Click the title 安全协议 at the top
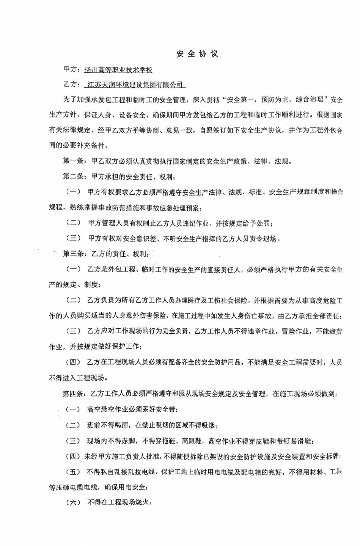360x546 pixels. coord(197,54)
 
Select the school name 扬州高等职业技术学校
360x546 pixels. coord(118,70)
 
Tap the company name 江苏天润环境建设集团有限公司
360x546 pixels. coord(135,85)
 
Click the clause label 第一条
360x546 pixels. coord(74,161)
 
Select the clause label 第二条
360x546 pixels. coord(74,176)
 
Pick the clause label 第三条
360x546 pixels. coord(74,254)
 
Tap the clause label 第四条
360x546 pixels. coord(74,394)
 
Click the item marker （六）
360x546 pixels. coord(74,502)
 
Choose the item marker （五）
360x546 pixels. coord(74,472)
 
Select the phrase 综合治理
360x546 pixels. coord(309,100)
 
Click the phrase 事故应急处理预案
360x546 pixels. coord(171,208)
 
